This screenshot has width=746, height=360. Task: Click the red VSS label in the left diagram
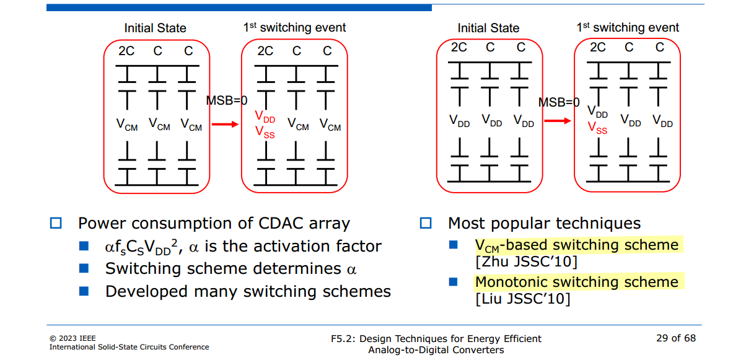[265, 132]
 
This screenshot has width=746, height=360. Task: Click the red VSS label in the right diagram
[597, 128]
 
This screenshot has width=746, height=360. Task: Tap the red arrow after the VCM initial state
[225, 125]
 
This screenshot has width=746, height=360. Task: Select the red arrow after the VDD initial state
[558, 121]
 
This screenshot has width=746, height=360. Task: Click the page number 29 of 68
[676, 338]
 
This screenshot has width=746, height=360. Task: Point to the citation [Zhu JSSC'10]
[526, 261]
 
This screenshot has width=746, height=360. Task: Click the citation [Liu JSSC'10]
[523, 299]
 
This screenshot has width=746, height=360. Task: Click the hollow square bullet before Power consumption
[56, 223]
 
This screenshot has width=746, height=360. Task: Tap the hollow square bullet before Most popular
[426, 223]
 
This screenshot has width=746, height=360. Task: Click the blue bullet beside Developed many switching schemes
[84, 291]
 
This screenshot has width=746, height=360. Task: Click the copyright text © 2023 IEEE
[72, 338]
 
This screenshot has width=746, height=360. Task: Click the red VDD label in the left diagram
[265, 117]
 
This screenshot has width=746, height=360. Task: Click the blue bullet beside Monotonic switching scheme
[454, 282]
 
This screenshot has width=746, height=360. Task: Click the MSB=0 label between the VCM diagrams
[227, 100]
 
